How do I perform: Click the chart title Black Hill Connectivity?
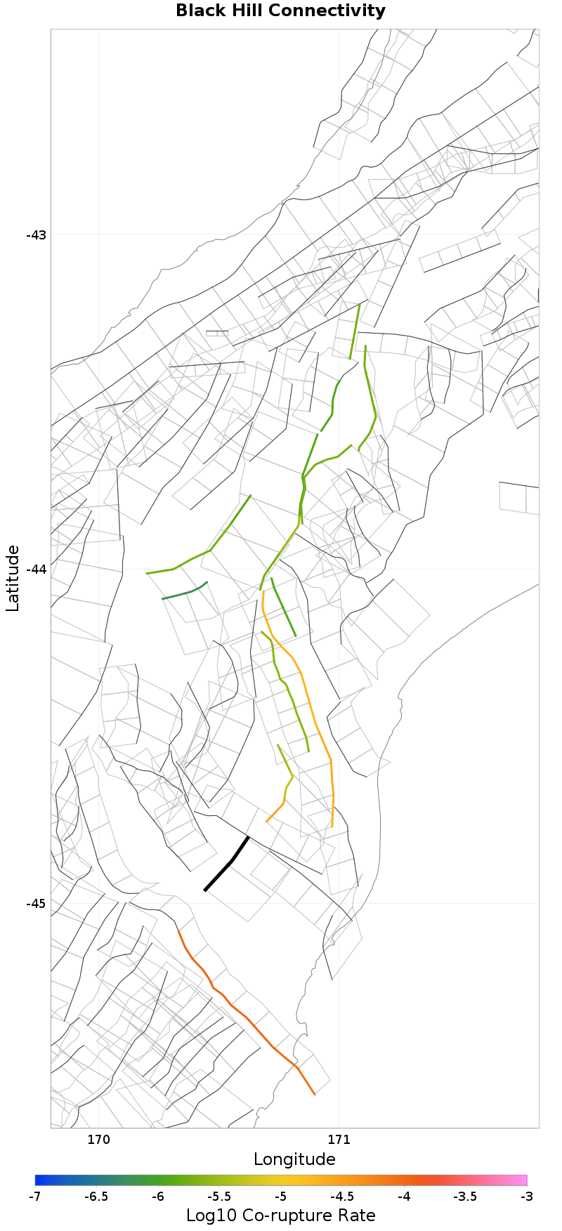coord(280,11)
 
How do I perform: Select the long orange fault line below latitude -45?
coord(247,1018)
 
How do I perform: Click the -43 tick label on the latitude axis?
coord(36,235)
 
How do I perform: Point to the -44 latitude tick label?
coord(36,569)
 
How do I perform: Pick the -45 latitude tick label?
coord(36,903)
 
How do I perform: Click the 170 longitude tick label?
coord(98,1139)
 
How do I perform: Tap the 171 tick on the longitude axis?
coord(339,1139)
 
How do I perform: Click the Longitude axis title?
coord(294,1159)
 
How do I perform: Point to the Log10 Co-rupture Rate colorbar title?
coord(280,1216)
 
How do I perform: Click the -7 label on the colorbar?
coord(35,1196)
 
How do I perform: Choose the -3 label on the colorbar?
coord(527,1196)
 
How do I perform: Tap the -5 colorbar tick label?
coord(281,1196)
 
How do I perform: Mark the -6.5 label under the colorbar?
coord(96,1196)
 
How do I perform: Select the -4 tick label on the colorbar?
coord(404,1196)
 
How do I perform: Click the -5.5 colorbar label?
coord(219,1196)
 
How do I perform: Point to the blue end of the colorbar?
coord(39,1180)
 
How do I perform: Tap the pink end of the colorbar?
coord(523,1180)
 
